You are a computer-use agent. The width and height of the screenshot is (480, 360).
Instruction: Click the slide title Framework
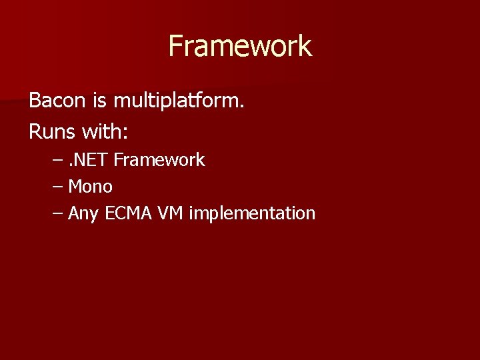(x=240, y=46)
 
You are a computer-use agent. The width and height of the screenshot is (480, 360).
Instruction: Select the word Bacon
(x=57, y=101)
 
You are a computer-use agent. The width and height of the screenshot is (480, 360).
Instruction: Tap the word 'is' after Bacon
(x=100, y=101)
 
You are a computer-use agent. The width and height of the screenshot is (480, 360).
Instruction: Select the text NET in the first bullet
(x=93, y=160)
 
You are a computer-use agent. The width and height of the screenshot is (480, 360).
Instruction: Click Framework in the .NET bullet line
(x=159, y=160)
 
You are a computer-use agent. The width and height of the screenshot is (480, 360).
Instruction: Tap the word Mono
(x=90, y=187)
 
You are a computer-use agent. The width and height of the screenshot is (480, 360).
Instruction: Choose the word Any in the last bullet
(x=83, y=214)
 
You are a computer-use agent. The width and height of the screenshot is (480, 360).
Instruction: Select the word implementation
(x=252, y=213)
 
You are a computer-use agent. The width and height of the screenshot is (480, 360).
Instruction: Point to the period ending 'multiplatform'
(x=243, y=107)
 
